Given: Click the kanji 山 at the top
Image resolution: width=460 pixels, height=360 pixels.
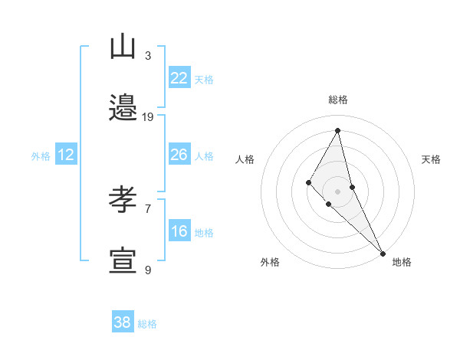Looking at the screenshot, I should point(123,47).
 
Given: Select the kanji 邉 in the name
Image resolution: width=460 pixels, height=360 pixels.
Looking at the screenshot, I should point(123,108).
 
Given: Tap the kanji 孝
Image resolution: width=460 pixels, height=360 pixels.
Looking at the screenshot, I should point(123,200).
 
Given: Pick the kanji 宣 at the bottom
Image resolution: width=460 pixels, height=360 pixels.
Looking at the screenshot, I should point(123,261).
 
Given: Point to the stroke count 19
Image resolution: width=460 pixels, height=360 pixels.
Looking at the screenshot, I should point(148,117).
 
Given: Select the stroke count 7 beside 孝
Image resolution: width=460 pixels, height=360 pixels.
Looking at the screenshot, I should point(148,208).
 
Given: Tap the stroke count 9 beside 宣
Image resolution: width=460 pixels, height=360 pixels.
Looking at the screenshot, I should point(148,270).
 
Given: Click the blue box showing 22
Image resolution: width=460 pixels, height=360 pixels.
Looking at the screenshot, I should point(179,78).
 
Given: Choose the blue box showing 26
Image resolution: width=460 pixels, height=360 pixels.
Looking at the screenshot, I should point(179,155).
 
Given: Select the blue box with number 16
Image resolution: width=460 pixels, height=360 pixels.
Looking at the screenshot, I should point(179,231).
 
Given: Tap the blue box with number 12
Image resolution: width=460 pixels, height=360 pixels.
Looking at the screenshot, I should point(66,155).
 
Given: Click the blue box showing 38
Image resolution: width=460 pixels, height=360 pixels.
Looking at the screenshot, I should point(122,322).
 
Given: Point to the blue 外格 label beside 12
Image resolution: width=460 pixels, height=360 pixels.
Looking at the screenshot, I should point(41,156).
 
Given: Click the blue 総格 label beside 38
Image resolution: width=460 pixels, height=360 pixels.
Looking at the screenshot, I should point(147,324).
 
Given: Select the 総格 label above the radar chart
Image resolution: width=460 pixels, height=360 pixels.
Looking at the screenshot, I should point(338,100).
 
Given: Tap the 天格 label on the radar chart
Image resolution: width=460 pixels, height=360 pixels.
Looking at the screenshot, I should point(431,159).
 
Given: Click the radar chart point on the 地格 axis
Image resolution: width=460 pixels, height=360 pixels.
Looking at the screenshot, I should point(383,252).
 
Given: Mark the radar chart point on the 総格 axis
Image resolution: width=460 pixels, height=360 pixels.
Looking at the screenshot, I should point(338,130).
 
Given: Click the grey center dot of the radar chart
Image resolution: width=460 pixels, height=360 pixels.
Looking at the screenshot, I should point(338,191).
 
